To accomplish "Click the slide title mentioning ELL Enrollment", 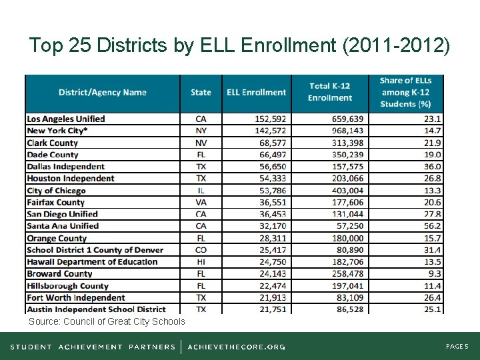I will point(240,45).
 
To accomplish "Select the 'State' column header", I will point(201,93).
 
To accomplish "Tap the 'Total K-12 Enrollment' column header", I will point(329,93).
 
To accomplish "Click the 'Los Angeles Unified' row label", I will point(66,119).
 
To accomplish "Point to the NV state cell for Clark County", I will point(201,143).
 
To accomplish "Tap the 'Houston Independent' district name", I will point(71,179).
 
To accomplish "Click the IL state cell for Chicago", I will point(201,191).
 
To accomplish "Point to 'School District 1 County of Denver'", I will point(95,250).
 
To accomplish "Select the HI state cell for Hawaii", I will point(201,262).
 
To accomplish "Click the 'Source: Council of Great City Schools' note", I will point(107,322).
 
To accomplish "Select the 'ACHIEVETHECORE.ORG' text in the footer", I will point(236,347).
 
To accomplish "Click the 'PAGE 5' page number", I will point(457,347).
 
